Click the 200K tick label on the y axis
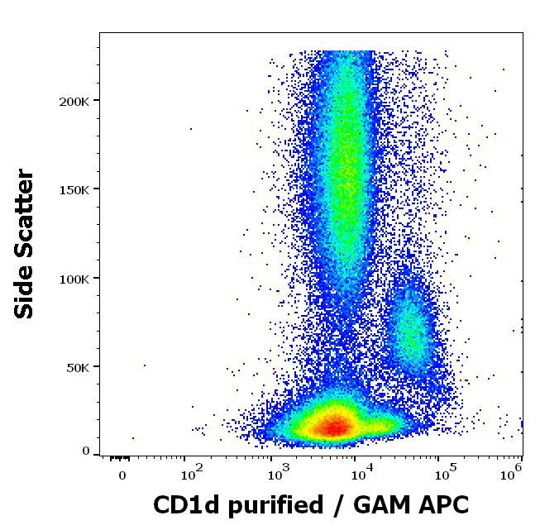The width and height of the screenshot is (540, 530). pos(74,101)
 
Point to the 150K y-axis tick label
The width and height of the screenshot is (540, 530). pos(74,189)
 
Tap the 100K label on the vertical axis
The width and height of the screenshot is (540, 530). pos(74,279)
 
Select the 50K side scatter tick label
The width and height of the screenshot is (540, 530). pos(77,367)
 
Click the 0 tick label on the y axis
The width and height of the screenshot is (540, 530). pos(86,451)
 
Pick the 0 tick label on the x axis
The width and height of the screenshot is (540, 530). pos(122,476)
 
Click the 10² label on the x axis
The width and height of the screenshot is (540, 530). pos(192,475)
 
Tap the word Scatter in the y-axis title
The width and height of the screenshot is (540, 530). pos(25,212)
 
